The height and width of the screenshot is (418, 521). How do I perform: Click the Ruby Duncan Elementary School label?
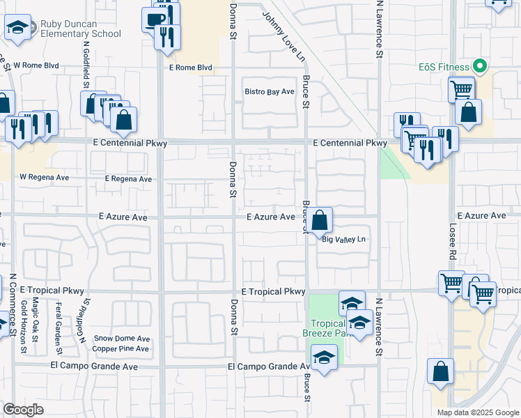pos(80,29)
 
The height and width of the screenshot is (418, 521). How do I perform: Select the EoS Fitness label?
pos(444,68)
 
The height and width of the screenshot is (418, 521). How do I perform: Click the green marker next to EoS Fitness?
pos(479,68)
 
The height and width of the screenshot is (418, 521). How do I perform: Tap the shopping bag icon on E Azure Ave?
pos(319,221)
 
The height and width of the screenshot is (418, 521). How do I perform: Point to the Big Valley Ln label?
pos(343,240)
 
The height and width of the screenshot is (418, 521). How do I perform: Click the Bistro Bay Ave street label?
pos(270,91)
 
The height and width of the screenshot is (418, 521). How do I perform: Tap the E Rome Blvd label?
pos(190,68)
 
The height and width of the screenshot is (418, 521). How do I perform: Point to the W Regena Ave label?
pos(45,178)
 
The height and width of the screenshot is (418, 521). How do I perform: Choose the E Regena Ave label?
pos(128,179)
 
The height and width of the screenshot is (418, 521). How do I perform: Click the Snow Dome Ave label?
pos(122,339)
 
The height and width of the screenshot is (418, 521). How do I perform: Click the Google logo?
pos(23,410)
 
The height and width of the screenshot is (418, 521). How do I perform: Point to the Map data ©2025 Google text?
pos(477,412)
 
